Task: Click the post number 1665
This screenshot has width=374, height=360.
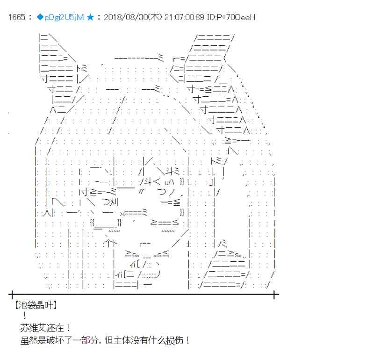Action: tap(16, 17)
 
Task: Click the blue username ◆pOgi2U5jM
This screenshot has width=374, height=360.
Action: tap(60, 17)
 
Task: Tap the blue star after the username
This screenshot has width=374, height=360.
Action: tap(90, 17)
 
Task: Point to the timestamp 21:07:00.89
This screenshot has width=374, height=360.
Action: tap(184, 17)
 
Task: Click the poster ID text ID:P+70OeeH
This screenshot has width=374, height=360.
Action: tap(231, 17)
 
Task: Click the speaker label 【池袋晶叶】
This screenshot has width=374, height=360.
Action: tap(36, 305)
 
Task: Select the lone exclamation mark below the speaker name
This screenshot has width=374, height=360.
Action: tap(25, 316)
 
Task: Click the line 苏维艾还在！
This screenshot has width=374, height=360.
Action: tap(45, 328)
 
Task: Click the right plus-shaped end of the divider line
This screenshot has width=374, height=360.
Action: tap(274, 295)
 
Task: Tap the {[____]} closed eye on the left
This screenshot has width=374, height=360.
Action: tap(106, 223)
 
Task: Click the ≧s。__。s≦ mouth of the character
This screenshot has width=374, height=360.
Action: tap(147, 254)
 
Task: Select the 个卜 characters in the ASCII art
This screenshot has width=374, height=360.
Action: tap(111, 243)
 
